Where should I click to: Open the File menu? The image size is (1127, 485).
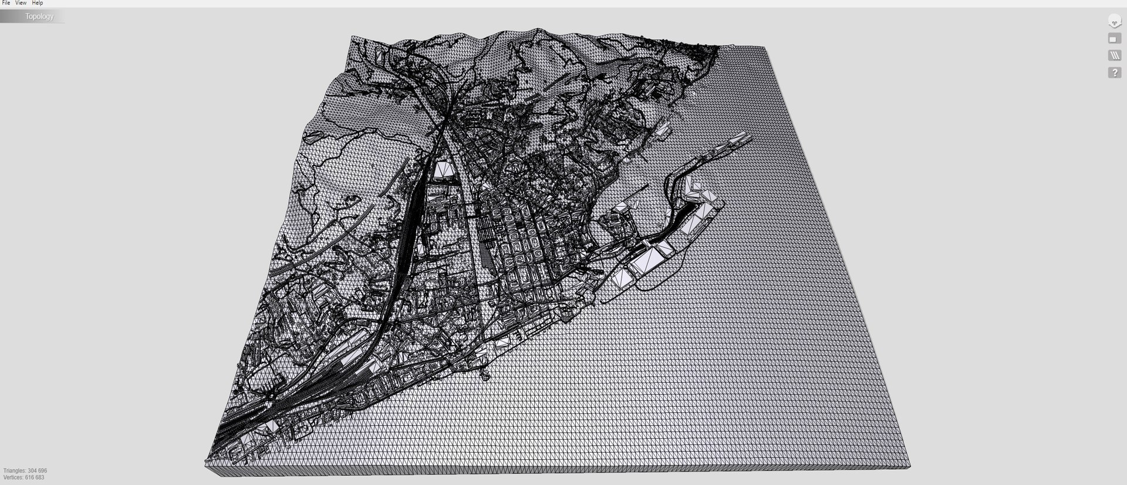(6, 3)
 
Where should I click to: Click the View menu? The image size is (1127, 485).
(21, 3)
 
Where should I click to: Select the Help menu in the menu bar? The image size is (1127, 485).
(37, 3)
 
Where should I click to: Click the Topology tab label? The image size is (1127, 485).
(39, 16)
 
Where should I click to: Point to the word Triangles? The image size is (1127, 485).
(15, 471)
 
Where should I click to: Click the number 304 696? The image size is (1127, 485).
(37, 471)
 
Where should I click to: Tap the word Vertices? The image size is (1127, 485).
(14, 477)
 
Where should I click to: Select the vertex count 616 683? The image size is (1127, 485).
(35, 477)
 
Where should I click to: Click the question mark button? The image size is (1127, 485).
(1114, 73)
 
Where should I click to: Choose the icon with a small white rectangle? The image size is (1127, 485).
(1114, 39)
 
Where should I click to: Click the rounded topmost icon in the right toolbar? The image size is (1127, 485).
(1114, 22)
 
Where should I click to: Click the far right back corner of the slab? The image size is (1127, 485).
(764, 47)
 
